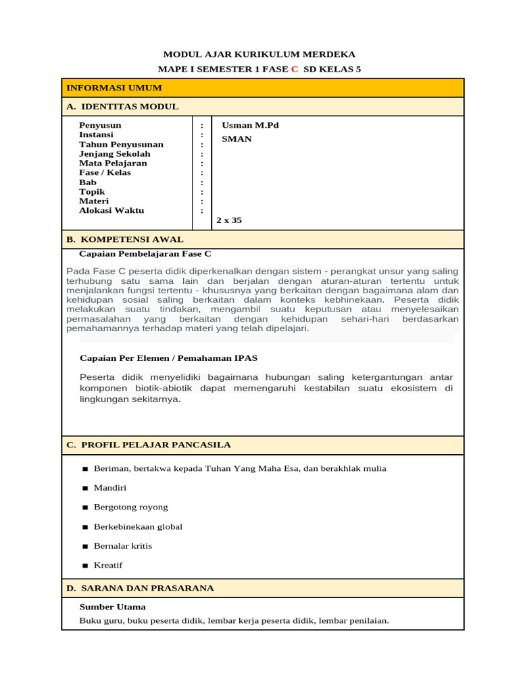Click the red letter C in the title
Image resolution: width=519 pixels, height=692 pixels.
click(294, 69)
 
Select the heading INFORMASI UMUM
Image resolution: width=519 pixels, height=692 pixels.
click(114, 88)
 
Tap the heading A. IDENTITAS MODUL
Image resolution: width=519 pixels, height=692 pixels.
click(122, 107)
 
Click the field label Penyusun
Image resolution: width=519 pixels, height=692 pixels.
click(100, 126)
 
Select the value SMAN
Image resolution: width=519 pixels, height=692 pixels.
click(237, 139)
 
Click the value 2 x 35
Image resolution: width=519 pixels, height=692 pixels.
click(229, 220)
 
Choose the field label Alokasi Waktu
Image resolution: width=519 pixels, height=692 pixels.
click(112, 211)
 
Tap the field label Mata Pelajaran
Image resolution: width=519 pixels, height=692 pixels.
click(113, 164)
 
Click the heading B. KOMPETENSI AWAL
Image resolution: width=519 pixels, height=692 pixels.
click(124, 240)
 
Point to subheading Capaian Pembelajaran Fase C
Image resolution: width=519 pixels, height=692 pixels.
click(145, 254)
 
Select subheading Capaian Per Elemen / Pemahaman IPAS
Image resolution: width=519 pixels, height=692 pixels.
click(168, 358)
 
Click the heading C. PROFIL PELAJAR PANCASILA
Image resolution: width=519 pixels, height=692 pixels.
click(148, 445)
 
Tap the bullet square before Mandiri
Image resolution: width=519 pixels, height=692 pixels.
click(85, 488)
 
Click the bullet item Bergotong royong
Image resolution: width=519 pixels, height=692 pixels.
click(131, 507)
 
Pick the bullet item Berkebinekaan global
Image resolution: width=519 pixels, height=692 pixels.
click(138, 526)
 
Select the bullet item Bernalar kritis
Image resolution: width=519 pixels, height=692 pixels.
click(123, 546)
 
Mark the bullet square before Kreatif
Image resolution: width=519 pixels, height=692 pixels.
click(85, 566)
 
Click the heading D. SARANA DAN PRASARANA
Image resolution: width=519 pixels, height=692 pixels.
click(140, 589)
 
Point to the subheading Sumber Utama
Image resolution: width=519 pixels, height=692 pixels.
click(112, 607)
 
